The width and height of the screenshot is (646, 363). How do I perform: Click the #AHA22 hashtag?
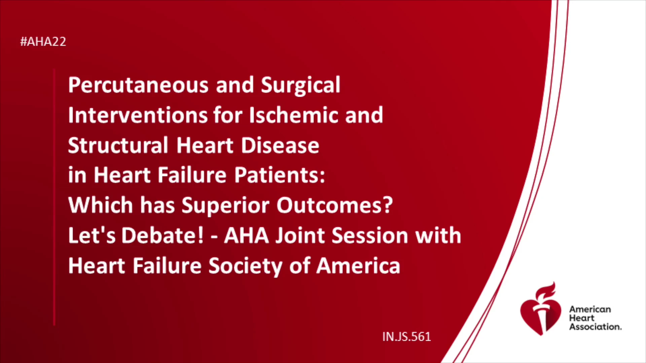click(x=43, y=42)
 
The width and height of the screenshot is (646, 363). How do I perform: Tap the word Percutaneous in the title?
click(x=138, y=85)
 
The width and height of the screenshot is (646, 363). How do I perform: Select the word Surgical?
click(x=300, y=85)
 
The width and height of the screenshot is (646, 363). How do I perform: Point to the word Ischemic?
click(x=293, y=115)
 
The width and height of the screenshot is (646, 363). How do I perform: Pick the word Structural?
click(x=118, y=145)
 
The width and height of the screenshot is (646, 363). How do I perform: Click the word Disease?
click(x=280, y=145)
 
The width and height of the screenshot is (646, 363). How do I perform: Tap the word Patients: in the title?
click(x=280, y=175)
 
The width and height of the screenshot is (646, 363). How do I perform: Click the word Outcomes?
click(x=334, y=205)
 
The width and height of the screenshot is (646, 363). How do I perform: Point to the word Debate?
click(x=163, y=235)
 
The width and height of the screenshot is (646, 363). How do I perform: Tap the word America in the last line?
click(x=358, y=266)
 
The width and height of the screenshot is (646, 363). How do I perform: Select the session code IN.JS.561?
click(x=406, y=337)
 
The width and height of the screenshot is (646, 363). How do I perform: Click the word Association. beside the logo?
click(x=595, y=327)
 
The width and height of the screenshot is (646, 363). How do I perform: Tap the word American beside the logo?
click(x=590, y=309)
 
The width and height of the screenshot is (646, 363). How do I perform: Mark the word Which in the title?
click(x=100, y=205)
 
